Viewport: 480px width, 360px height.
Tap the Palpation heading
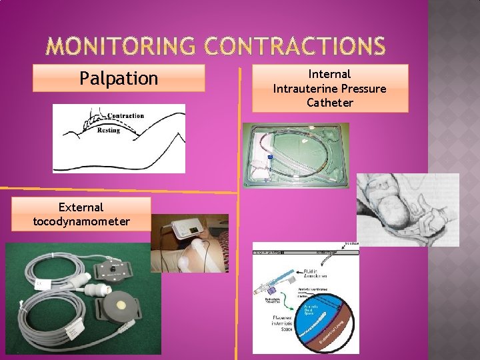pyautogui.click(x=119, y=78)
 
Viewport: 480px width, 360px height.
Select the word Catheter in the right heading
pyautogui.click(x=330, y=102)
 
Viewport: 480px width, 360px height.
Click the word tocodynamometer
pyautogui.click(x=81, y=221)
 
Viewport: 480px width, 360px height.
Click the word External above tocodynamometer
pyautogui.click(x=81, y=207)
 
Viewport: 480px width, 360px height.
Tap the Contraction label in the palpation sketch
pyautogui.click(x=125, y=115)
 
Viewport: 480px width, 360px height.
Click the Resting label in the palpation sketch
pyautogui.click(x=109, y=131)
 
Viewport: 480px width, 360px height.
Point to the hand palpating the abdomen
pyautogui.click(x=89, y=120)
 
